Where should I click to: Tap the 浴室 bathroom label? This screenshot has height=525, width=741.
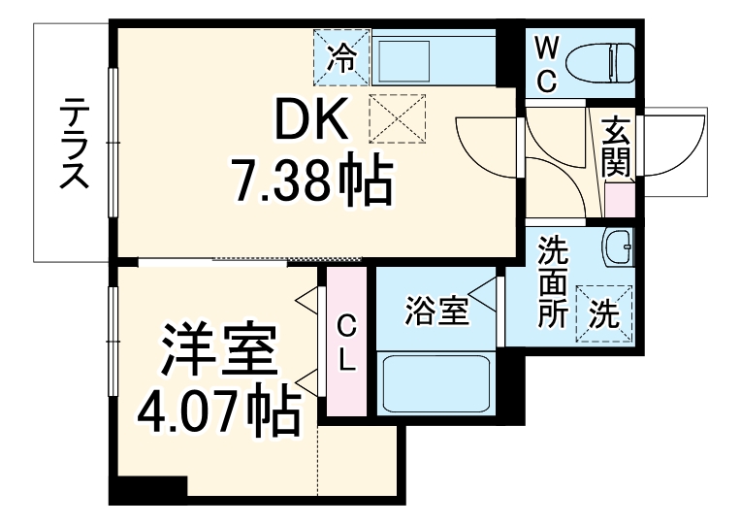(x=436, y=311)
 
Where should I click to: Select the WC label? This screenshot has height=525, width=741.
(x=546, y=64)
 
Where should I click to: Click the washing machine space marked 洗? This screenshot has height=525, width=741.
(x=604, y=312)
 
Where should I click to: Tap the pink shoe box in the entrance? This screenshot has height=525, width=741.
(x=618, y=199)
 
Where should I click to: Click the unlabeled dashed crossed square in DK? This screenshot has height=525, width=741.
(x=398, y=119)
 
